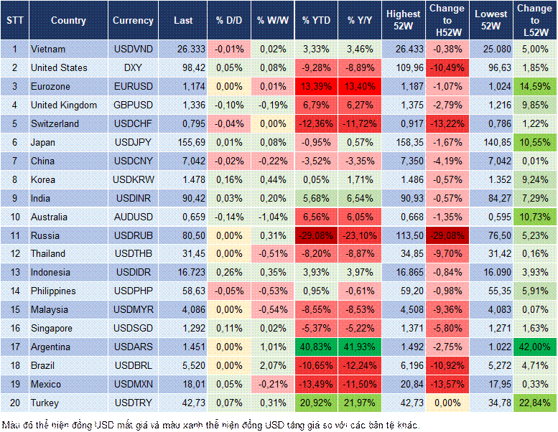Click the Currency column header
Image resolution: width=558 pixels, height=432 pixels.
[x=133, y=21]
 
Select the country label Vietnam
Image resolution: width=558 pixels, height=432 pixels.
[x=48, y=49]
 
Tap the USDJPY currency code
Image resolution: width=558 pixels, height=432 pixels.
[x=132, y=142]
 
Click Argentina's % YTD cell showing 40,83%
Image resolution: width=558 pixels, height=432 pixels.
[x=316, y=347]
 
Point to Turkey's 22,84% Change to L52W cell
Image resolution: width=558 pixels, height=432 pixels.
[x=534, y=403]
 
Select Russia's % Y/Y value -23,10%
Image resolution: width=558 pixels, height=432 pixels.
[x=361, y=235]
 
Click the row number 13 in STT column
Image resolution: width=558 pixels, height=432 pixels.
[x=14, y=273]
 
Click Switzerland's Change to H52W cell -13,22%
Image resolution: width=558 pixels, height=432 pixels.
[x=447, y=123]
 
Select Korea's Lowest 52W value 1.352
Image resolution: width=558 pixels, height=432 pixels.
[x=493, y=179]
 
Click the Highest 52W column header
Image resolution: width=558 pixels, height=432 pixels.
[x=403, y=20]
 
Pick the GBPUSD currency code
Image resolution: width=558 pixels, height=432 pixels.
[x=132, y=105]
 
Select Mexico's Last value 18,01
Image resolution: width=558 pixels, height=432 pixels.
[x=187, y=384]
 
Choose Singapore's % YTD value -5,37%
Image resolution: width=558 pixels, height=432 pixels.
[x=316, y=328]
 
